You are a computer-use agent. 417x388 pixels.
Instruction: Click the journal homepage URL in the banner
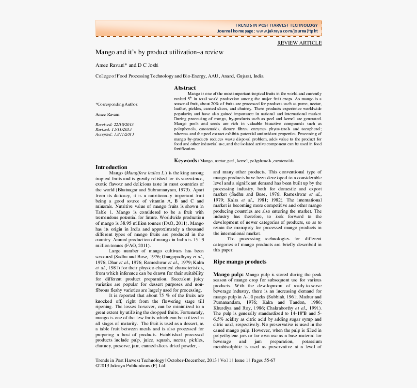click(287, 31)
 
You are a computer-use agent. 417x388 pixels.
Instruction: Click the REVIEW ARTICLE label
click(299, 43)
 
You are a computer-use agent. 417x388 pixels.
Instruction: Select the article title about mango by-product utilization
click(160, 52)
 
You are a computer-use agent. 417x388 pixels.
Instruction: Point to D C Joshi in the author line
click(148, 65)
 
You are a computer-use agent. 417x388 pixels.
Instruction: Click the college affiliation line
click(180, 76)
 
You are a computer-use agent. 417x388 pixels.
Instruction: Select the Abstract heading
click(185, 88)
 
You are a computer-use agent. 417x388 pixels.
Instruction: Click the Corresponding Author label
click(117, 104)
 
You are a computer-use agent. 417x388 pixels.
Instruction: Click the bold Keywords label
click(186, 160)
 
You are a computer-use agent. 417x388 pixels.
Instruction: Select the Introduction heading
click(111, 167)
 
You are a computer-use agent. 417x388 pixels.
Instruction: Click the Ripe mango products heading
click(240, 262)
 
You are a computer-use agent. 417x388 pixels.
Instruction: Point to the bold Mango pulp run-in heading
click(228, 275)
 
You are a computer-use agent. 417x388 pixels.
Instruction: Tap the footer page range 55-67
click(269, 360)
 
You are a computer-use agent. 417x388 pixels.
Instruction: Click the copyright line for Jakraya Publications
click(130, 366)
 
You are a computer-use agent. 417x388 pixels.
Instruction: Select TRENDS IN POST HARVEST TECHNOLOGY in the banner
click(276, 25)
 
